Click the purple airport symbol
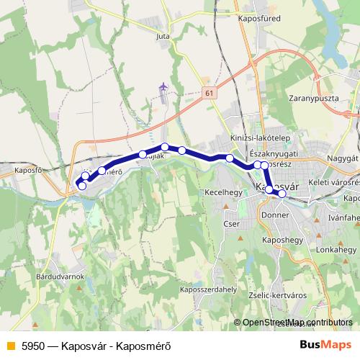coord(163,87)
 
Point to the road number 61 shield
coord(209,94)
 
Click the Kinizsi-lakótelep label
coord(260,138)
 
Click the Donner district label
coord(275,215)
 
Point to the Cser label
coord(230,224)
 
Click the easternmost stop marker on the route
coord(282,194)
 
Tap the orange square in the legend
coord(9,345)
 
